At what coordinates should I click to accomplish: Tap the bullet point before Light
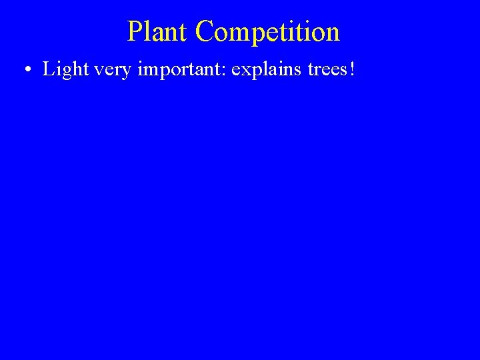[x=27, y=71]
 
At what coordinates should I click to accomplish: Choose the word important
[x=175, y=71]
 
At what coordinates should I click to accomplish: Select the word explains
[x=264, y=71]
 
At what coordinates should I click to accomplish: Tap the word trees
[x=325, y=71]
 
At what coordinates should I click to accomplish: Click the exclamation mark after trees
[x=352, y=70]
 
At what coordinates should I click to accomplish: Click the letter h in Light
[x=71, y=69]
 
